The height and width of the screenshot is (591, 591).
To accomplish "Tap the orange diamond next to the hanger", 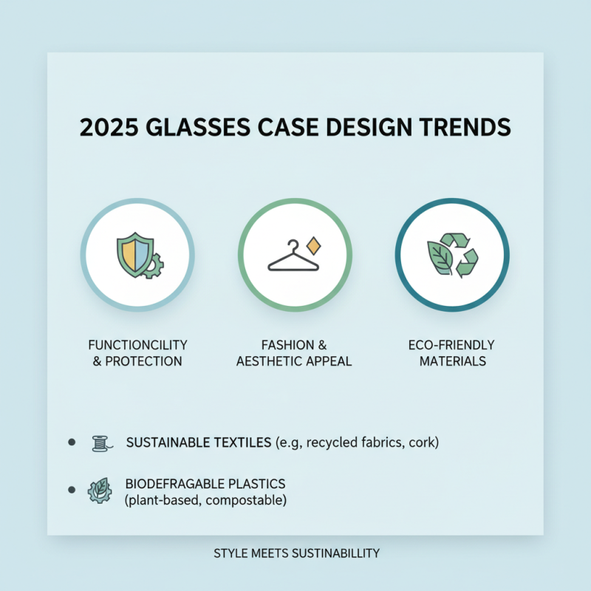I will pos(313,245).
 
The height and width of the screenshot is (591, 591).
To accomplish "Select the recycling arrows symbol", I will pos(460,255).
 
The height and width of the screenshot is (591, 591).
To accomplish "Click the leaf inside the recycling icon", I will pos(441,256).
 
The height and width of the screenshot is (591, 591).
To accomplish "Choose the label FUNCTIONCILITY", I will pos(137,345).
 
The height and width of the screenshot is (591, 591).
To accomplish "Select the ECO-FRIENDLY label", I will pos(451,345).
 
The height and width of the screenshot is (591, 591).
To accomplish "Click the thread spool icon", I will pos(99,443).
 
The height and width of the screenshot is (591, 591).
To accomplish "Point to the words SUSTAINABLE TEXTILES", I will pos(197,443).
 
